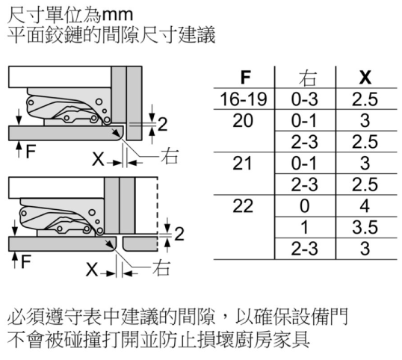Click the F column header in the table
click(x=245, y=77)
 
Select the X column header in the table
click(x=365, y=77)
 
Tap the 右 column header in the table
click(x=308, y=78)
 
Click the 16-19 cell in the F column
click(x=244, y=99)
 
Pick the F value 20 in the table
click(x=243, y=120)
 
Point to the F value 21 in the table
click(x=242, y=164)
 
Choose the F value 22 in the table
click(x=243, y=205)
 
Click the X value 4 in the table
click(x=365, y=205)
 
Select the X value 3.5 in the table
click(x=365, y=227)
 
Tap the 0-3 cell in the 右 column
click(x=304, y=99)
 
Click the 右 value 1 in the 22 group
click(x=304, y=227)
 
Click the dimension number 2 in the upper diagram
click(x=162, y=124)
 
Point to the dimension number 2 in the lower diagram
click(x=179, y=234)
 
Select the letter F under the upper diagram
click(x=31, y=152)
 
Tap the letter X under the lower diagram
click(x=92, y=270)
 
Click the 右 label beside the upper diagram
click(x=169, y=156)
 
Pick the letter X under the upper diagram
click(x=98, y=159)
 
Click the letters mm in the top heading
click(x=117, y=16)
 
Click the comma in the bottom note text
click(x=226, y=321)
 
